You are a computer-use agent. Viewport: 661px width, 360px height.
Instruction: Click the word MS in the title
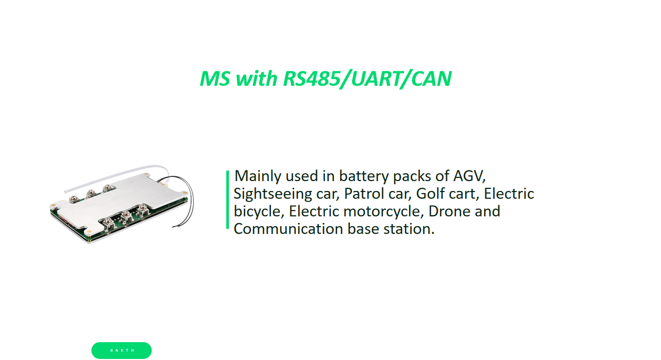coord(215,79)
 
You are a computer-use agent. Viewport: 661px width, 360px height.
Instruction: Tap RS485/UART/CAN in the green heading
coord(367,79)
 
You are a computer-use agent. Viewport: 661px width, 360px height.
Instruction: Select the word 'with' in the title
coord(257,79)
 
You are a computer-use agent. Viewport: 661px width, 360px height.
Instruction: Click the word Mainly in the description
coord(258,175)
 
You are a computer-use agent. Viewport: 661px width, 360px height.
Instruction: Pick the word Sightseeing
coord(273,194)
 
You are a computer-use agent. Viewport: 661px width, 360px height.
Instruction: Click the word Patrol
coord(361,194)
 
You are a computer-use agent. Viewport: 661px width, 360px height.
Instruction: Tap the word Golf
coord(429,194)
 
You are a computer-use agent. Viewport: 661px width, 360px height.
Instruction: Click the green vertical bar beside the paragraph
coord(227,199)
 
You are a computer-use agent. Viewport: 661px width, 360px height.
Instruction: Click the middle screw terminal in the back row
coord(91,193)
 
